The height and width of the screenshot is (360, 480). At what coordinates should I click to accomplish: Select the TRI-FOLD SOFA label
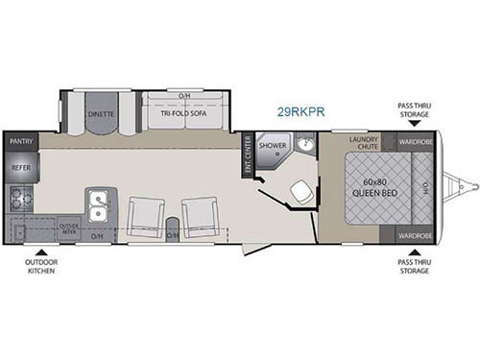183,112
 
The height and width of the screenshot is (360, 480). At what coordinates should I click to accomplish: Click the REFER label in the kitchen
21,167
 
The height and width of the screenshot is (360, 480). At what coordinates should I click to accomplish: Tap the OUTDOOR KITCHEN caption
41,267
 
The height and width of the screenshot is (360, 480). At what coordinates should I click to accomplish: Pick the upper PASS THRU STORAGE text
414,111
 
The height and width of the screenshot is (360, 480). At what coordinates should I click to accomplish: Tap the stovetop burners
19,200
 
